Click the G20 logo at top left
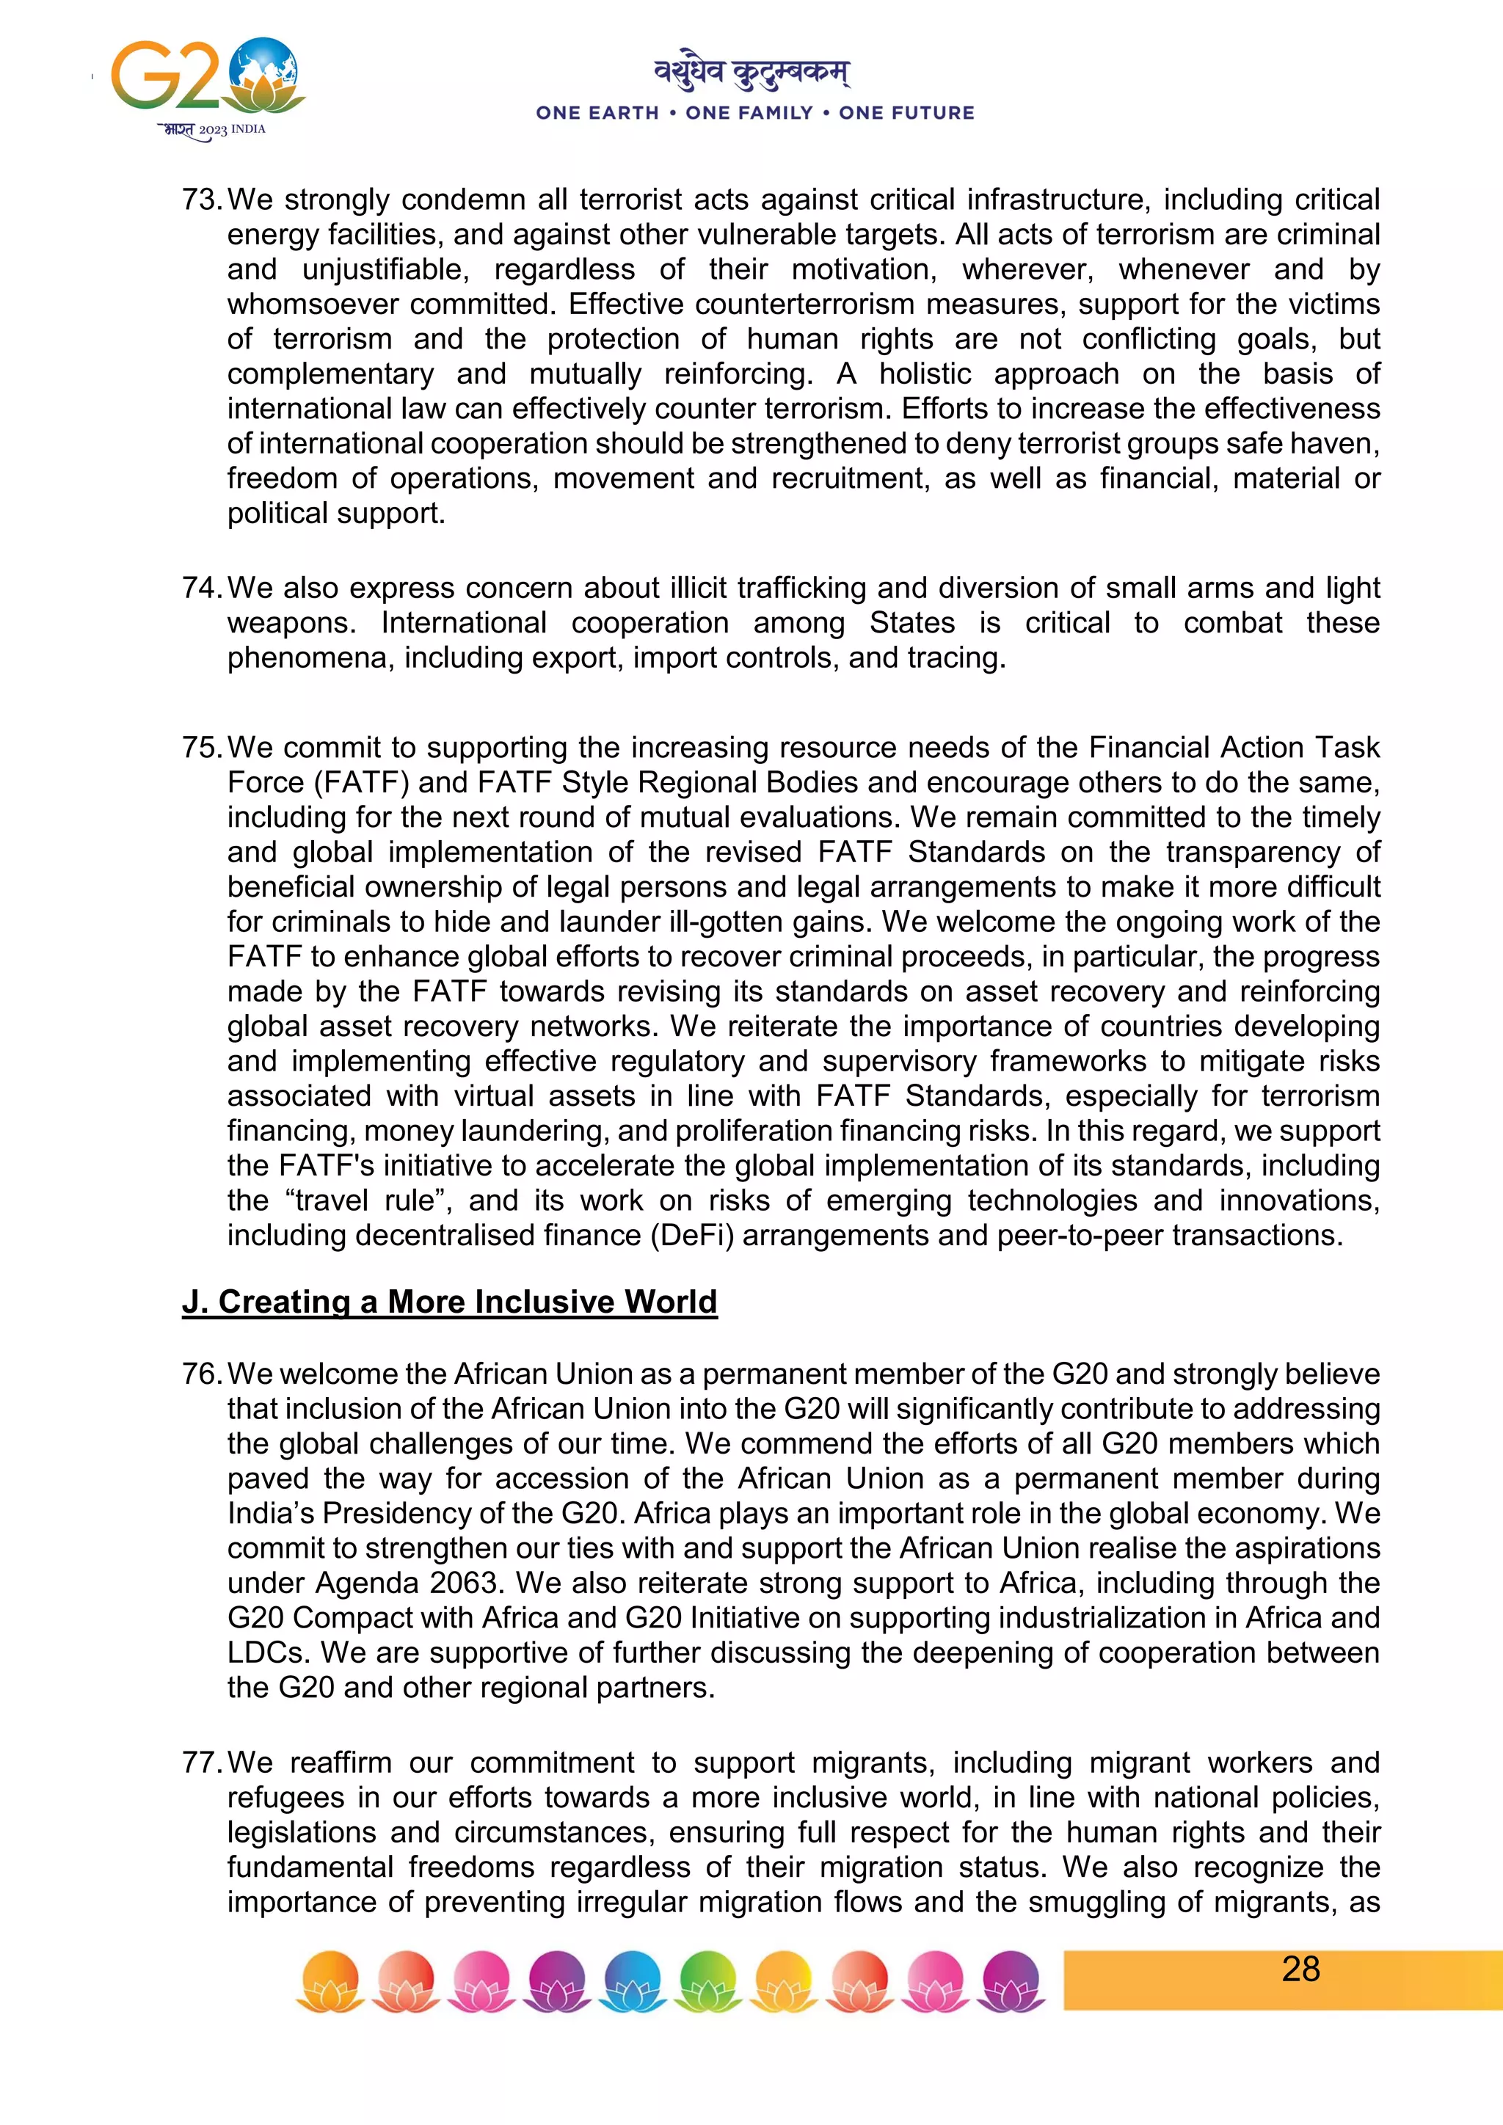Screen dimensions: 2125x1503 click(205, 86)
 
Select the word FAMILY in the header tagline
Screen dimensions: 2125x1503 click(749, 113)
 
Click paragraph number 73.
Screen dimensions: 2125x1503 click(201, 200)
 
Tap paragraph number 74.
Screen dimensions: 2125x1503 click(201, 588)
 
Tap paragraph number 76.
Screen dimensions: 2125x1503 click(201, 1374)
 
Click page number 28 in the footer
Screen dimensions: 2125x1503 click(1300, 1969)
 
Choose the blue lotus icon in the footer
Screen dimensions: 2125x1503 click(633, 1980)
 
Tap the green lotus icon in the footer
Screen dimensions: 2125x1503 click(708, 1980)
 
